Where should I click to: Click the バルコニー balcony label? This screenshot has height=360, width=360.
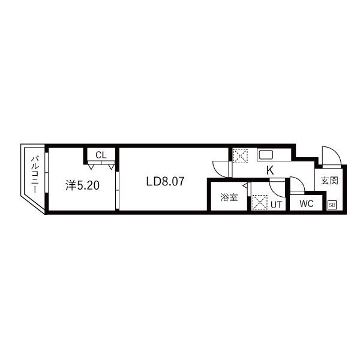click(35, 173)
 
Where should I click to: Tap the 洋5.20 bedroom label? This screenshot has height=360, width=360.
click(82, 185)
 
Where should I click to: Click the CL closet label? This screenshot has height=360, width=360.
click(101, 155)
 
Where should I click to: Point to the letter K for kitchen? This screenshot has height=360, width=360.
click(270, 170)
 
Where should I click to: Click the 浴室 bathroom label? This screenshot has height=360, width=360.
click(229, 197)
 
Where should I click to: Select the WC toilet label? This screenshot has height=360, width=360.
click(307, 203)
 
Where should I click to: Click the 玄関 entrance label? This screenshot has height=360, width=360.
click(329, 181)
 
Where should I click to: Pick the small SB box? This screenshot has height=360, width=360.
click(332, 205)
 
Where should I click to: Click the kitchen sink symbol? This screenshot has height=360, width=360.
click(266, 155)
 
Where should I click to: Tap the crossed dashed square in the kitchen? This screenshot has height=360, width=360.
click(240, 155)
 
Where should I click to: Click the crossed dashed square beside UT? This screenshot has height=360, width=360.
click(259, 203)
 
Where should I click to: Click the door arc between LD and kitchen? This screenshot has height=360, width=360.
click(221, 168)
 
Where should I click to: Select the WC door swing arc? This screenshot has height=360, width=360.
click(296, 183)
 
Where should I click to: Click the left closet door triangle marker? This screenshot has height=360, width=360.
click(90, 166)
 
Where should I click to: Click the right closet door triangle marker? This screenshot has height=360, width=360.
click(111, 166)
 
